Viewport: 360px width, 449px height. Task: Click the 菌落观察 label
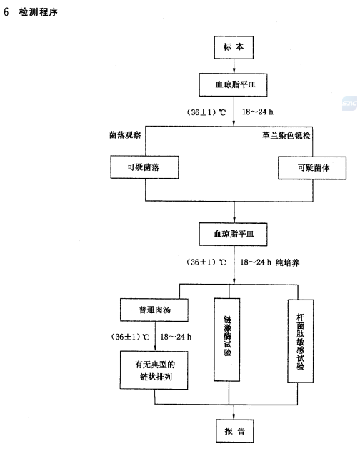point(125,135)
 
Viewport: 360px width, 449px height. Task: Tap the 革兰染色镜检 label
point(286,135)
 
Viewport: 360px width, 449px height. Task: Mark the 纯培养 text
point(288,262)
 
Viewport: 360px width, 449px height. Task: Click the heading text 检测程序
point(39,12)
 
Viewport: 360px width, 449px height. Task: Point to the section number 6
point(6,12)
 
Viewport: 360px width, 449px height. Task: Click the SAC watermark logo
point(349,104)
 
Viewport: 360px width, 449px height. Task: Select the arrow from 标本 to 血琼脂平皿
point(234,66)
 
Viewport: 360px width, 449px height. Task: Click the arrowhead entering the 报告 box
point(234,417)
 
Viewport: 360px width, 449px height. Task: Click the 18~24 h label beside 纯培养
point(256,262)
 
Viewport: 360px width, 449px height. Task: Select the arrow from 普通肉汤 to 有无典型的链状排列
point(155,336)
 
